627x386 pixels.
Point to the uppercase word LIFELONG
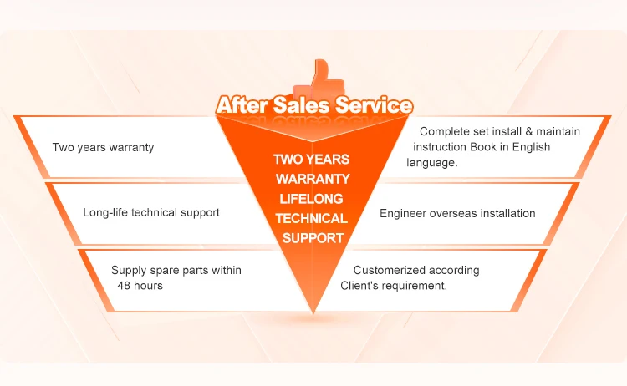[312, 198]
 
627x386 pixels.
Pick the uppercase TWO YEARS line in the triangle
[312, 159]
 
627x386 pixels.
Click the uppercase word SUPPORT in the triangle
[312, 238]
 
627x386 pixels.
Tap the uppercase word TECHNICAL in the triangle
[312, 218]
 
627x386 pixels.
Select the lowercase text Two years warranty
[103, 148]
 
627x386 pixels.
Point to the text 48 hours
[140, 285]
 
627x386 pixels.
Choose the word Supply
[129, 270]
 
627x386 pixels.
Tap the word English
[530, 147]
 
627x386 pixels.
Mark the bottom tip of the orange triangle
[313, 312]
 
